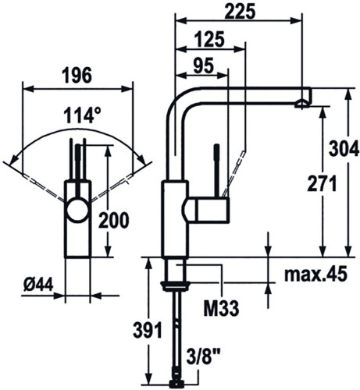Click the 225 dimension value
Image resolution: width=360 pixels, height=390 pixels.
click(x=239, y=12)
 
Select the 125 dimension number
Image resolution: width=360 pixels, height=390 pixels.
click(x=209, y=39)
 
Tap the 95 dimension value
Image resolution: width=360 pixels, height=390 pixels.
click(x=204, y=66)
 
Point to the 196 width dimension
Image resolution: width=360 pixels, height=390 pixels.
click(x=77, y=76)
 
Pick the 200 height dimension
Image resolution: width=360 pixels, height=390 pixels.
click(x=114, y=220)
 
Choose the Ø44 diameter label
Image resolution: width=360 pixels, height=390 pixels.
click(x=38, y=285)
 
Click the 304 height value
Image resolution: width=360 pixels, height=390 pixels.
click(x=344, y=150)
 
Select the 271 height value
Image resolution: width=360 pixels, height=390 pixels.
click(x=322, y=184)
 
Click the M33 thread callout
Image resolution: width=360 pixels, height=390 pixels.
click(x=221, y=309)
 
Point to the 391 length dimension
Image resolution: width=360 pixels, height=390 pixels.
click(x=148, y=331)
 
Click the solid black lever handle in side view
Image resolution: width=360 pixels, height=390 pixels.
click(x=216, y=171)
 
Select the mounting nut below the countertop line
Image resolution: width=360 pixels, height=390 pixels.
click(x=175, y=285)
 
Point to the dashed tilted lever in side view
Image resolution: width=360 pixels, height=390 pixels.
click(x=233, y=173)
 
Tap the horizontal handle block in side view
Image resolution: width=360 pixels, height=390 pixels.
click(x=206, y=210)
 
